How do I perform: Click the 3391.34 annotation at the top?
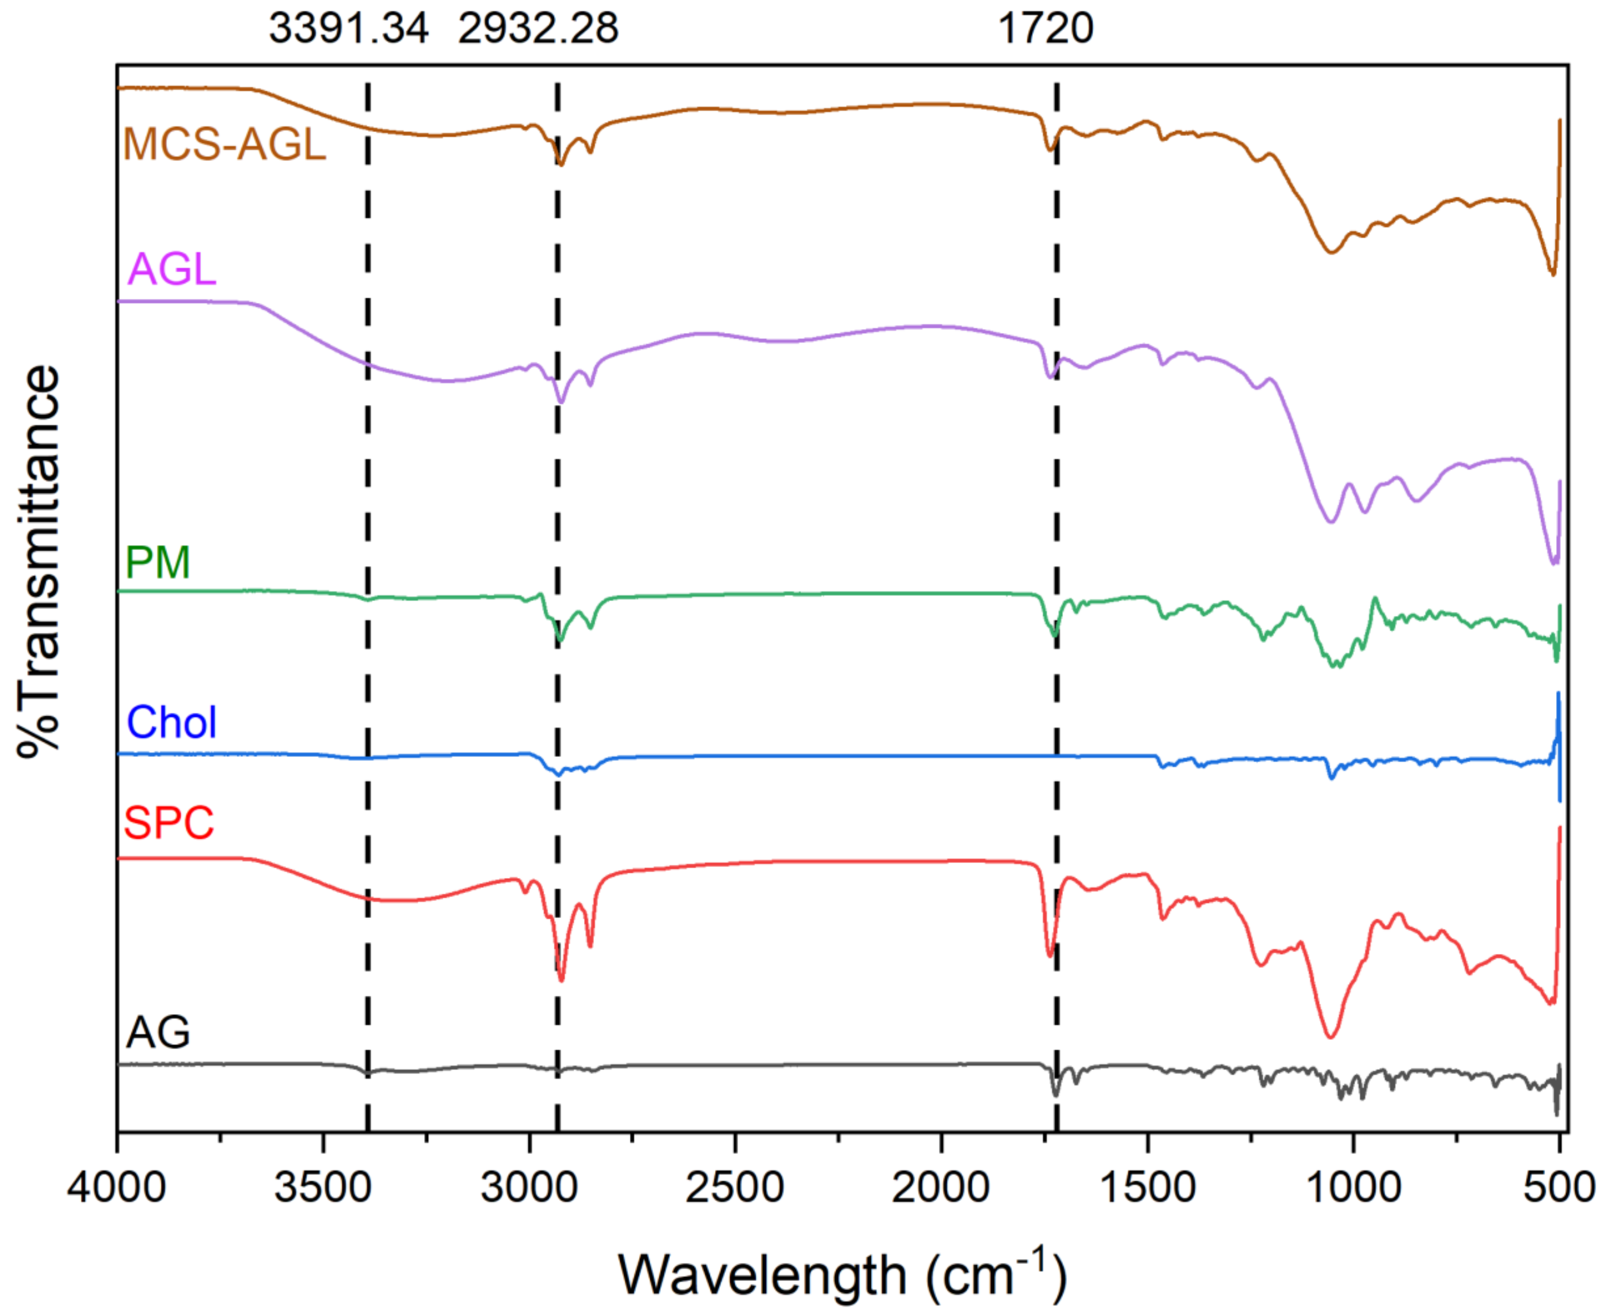click(349, 29)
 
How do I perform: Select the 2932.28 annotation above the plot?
click(538, 29)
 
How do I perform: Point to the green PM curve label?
click(157, 562)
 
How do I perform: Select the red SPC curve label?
click(169, 822)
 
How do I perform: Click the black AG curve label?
click(158, 1032)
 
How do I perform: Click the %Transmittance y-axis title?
click(38, 561)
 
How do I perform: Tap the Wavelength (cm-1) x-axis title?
click(842, 1274)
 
